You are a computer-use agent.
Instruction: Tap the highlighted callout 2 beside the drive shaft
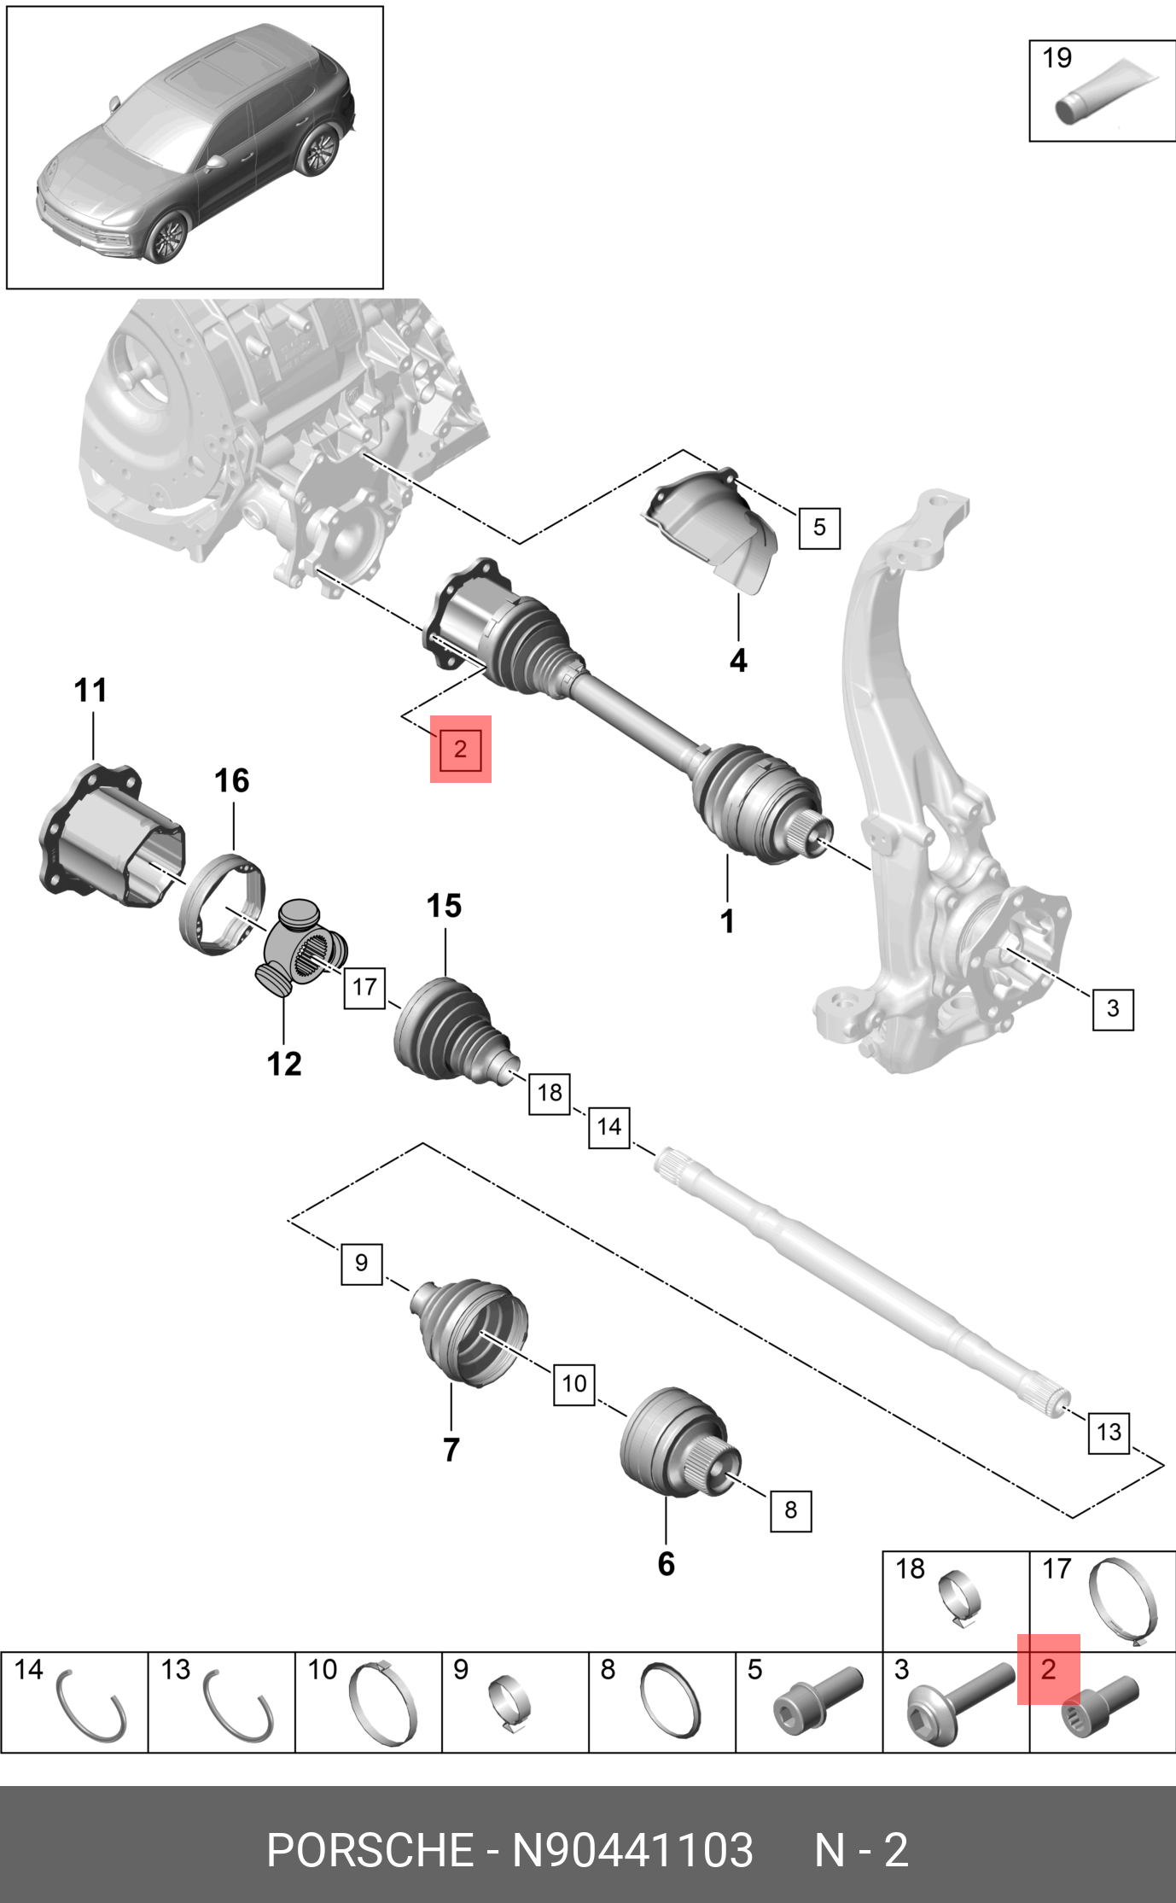[x=460, y=749]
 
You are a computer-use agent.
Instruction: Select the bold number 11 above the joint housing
[x=90, y=690]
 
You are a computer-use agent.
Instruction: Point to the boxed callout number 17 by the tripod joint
[x=364, y=987]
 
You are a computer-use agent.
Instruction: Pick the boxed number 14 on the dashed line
[x=608, y=1126]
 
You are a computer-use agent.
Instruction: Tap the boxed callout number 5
[x=819, y=527]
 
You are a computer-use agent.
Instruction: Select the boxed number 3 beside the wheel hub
[x=1113, y=1008]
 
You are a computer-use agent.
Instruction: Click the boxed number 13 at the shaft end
[x=1109, y=1431]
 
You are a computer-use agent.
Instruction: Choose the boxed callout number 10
[x=574, y=1382]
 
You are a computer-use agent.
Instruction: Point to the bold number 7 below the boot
[x=451, y=1449]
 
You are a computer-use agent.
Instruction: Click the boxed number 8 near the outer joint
[x=791, y=1509]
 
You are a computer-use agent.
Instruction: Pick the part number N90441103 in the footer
[x=632, y=1851]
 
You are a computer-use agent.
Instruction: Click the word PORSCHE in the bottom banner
[x=369, y=1851]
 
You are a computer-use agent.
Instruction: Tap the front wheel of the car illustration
[x=166, y=238]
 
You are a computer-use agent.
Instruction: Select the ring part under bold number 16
[x=222, y=903]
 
